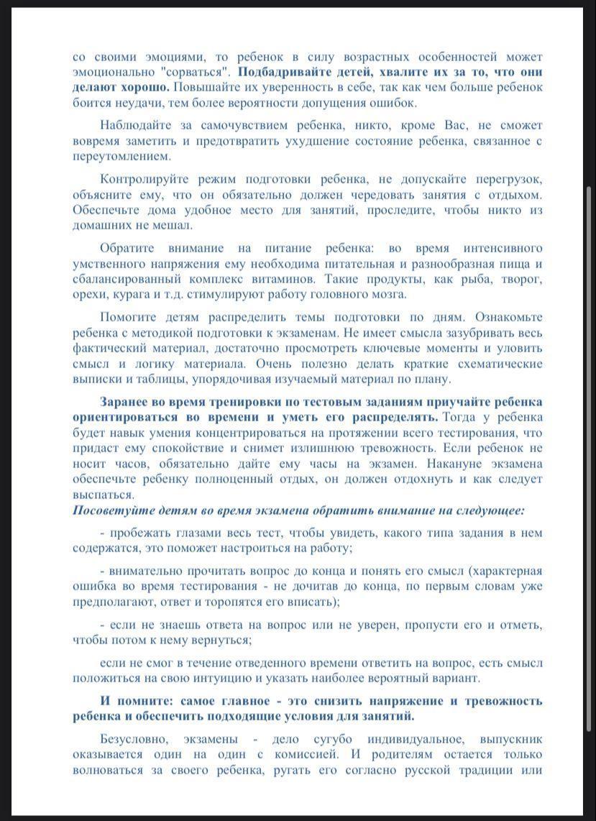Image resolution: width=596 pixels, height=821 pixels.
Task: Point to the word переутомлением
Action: tap(122, 155)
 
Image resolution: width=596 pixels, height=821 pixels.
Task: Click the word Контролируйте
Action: tap(142, 178)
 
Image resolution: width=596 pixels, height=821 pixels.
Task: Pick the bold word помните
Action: tap(141, 700)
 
